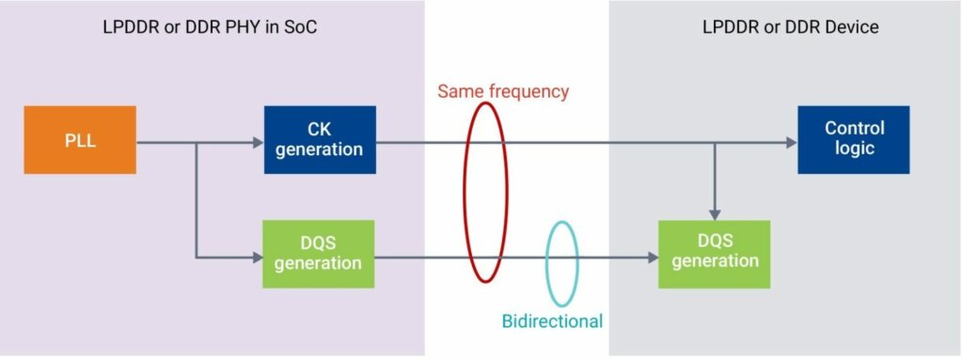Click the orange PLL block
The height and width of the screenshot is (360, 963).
[80, 140]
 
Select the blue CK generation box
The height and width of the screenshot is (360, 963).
[320, 140]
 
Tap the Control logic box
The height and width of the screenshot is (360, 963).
[854, 140]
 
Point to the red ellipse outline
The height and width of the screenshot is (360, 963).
[465, 193]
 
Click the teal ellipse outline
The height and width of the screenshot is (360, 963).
[546, 264]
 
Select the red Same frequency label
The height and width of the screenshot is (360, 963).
[503, 91]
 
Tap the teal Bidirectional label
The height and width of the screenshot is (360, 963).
[552, 321]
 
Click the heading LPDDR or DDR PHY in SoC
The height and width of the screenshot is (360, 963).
[210, 27]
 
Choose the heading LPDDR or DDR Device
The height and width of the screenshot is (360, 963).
[790, 27]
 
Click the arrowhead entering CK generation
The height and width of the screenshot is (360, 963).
[259, 143]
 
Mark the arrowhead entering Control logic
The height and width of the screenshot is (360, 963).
[792, 143]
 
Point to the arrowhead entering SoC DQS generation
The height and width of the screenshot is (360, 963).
[258, 258]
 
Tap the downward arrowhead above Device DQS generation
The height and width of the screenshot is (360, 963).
[715, 214]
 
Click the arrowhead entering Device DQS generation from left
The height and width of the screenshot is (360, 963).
[653, 258]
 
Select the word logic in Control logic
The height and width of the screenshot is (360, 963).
[854, 149]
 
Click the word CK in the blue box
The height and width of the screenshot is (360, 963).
[320, 130]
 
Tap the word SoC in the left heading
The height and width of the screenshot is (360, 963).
[300, 27]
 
